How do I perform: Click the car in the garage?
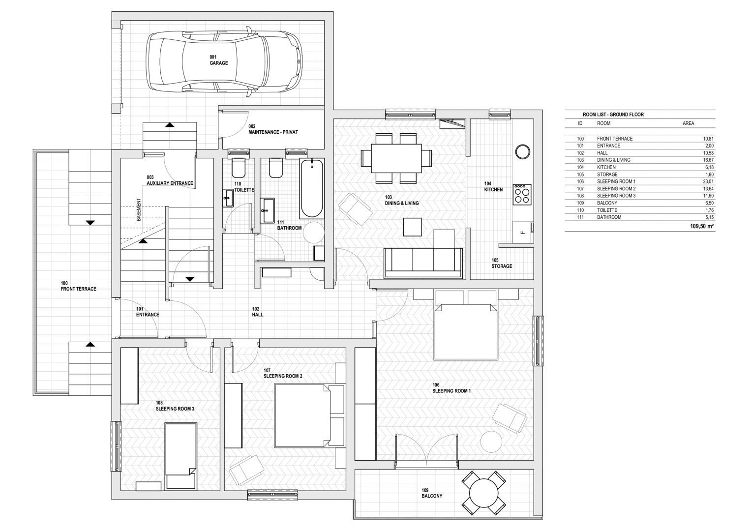click(224, 62)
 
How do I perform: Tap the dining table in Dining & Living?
click(396, 158)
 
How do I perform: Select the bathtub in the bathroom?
click(312, 188)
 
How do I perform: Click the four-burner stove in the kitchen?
click(522, 194)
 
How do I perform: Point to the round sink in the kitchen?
click(522, 151)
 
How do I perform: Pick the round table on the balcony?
click(484, 494)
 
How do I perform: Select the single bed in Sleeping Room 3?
click(180, 456)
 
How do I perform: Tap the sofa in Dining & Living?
click(423, 263)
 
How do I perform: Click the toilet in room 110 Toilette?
click(239, 168)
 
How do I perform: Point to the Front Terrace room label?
click(79, 286)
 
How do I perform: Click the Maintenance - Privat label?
click(273, 129)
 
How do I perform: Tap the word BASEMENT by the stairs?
click(139, 209)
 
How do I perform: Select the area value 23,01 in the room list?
click(708, 181)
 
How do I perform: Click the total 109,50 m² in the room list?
click(702, 226)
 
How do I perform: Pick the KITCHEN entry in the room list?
click(606, 167)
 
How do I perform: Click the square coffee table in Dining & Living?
click(412, 227)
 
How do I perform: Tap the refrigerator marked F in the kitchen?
click(523, 232)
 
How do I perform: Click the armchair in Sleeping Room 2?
click(246, 470)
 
